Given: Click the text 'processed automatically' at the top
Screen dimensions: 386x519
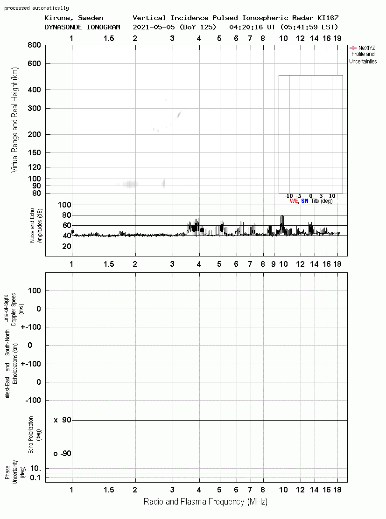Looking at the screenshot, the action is click(x=36, y=8).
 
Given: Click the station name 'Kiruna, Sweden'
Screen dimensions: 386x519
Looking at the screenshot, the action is click(x=74, y=18).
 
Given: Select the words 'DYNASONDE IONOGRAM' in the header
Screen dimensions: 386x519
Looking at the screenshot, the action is click(x=82, y=27).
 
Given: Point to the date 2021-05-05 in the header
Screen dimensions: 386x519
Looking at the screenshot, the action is click(x=154, y=27).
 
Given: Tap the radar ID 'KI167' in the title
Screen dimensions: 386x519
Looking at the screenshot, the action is click(x=328, y=18).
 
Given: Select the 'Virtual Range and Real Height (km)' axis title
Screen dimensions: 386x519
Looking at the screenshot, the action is click(x=15, y=120).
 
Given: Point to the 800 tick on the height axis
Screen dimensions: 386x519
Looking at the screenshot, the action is click(x=34, y=45).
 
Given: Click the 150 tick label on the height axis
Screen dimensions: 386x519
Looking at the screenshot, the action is click(x=34, y=152).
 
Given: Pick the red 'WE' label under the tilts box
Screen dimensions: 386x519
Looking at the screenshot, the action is click(x=294, y=201).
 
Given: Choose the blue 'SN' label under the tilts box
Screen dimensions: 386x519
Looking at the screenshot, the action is click(x=305, y=201).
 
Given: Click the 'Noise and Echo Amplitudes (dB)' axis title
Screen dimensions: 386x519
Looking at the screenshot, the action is click(x=36, y=226).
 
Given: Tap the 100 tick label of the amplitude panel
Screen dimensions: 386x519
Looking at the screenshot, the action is click(x=64, y=205).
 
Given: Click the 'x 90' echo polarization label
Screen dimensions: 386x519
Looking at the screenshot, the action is click(x=63, y=420).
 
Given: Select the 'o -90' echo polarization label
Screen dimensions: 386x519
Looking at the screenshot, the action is click(x=63, y=453).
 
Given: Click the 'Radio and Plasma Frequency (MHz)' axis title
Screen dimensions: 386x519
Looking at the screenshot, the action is click(x=205, y=502).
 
